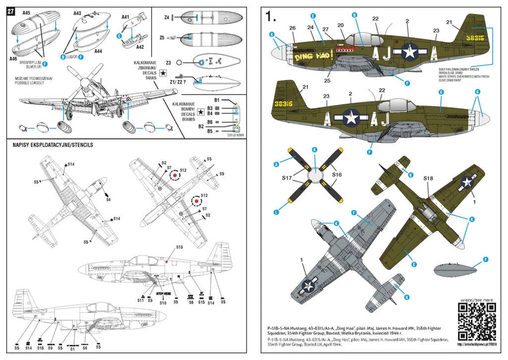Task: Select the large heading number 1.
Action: pyautogui.click(x=270, y=17)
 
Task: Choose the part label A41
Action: pyautogui.click(x=126, y=17)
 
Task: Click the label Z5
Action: pyautogui.click(x=162, y=38)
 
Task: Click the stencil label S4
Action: pyautogui.click(x=108, y=199)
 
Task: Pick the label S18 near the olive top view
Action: pyautogui.click(x=429, y=178)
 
